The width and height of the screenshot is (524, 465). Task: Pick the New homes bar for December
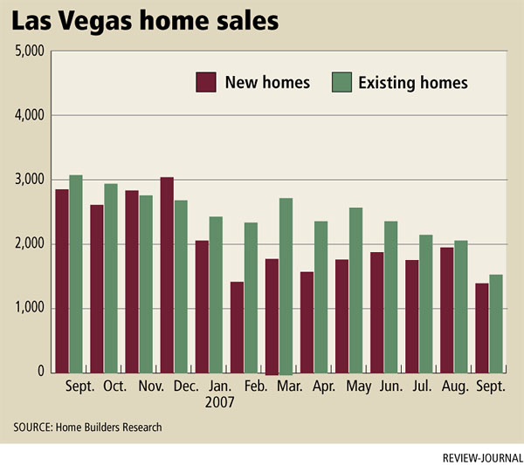coord(167,275)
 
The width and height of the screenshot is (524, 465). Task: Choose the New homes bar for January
coord(202,306)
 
